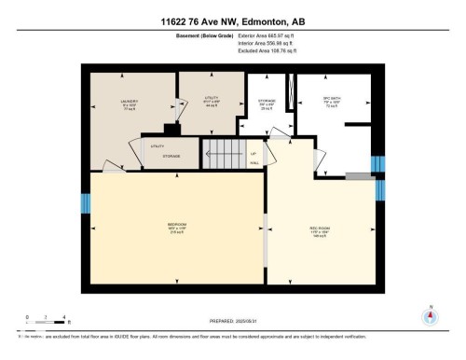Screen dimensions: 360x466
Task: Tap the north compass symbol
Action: (x=430, y=314)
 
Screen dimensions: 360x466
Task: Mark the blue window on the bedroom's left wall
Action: (x=85, y=203)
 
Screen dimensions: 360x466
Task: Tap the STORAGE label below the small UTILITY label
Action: (x=171, y=157)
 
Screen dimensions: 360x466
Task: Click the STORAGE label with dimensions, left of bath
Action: (x=266, y=105)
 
